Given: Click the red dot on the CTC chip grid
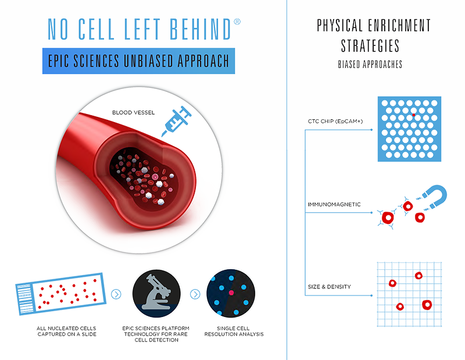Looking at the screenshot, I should pos(414,115).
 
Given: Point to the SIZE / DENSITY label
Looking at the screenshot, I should pos(332,286).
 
